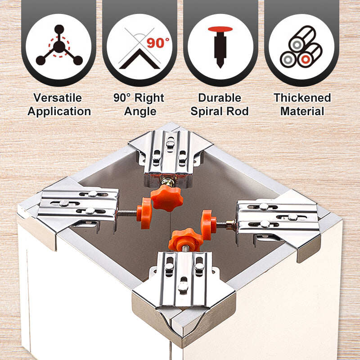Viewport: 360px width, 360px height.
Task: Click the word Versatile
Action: pos(58,98)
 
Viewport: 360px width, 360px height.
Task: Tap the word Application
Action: pos(59,112)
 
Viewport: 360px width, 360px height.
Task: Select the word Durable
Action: pos(220,98)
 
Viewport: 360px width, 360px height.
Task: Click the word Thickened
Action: pos(302,98)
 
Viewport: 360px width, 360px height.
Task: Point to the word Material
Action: pos(302,111)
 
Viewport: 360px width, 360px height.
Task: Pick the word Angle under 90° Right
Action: pos(140,112)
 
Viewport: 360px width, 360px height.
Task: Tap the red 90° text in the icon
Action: pos(157,43)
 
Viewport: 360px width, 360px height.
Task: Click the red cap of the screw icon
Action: pos(220,29)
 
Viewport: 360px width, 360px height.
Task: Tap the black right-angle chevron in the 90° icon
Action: pos(139,59)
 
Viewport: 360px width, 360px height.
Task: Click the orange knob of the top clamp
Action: pos(167,198)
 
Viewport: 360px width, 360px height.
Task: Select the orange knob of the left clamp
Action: pos(144,213)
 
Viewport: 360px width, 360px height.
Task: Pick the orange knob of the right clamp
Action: pos(208,225)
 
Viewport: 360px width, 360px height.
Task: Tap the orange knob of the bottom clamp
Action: pos(185,240)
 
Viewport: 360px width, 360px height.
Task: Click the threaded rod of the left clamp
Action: pos(127,213)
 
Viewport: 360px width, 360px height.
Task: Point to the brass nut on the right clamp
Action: pos(230,225)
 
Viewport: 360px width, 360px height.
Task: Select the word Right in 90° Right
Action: pos(149,98)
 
